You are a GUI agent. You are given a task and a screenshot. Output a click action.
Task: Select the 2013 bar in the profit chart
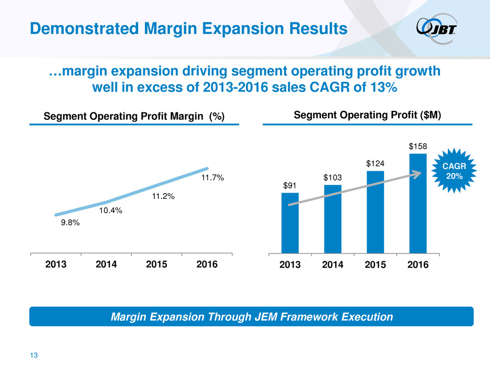(x=290, y=223)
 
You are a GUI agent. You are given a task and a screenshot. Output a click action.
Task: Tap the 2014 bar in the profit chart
(x=333, y=219)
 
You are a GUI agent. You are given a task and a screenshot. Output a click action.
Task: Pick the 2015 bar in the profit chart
(x=375, y=212)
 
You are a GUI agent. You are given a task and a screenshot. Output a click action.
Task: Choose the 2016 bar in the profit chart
(x=418, y=203)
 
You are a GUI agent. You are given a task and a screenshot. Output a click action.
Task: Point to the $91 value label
(x=290, y=185)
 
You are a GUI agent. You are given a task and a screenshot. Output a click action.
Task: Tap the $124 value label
(x=375, y=163)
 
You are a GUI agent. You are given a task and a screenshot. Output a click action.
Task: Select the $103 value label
(x=333, y=178)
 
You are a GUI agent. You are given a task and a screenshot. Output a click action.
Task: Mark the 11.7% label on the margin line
(x=212, y=178)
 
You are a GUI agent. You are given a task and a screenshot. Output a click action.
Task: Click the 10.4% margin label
(x=111, y=210)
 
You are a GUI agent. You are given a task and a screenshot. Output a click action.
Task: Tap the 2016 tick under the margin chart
(x=206, y=264)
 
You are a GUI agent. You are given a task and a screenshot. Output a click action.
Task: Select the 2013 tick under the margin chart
(x=56, y=264)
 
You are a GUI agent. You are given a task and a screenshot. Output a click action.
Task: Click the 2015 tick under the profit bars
(x=375, y=265)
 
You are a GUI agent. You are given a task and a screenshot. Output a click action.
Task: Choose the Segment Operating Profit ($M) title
(x=368, y=115)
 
